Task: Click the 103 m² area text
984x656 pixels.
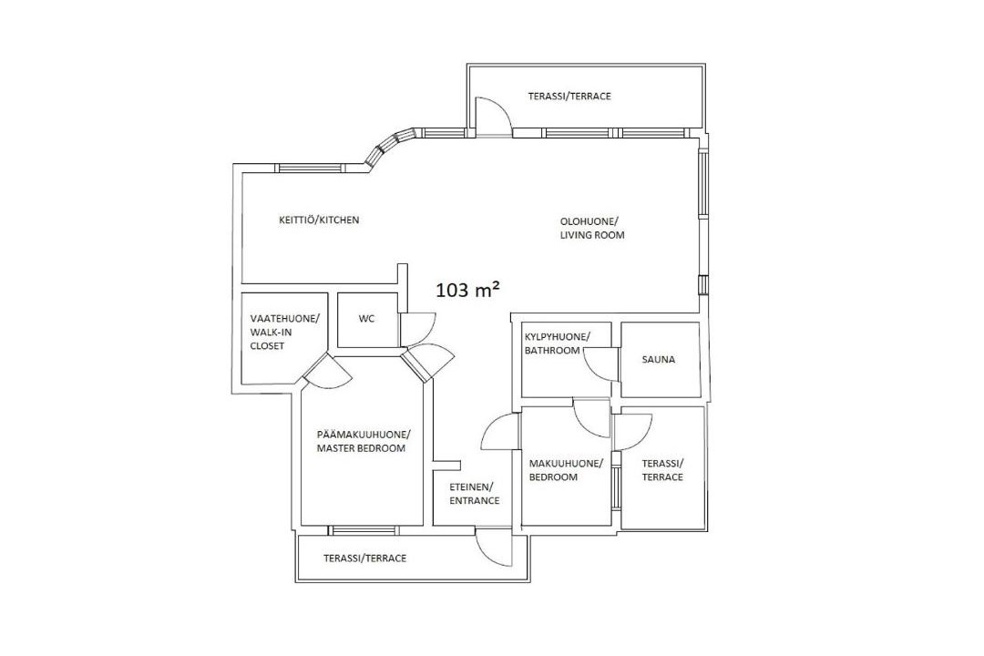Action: pos(468,290)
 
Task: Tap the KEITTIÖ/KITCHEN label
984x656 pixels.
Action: pos(319,220)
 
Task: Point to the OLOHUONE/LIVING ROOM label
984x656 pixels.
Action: pos(592,228)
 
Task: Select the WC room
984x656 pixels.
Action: pos(366,319)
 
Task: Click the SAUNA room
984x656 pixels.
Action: pos(660,359)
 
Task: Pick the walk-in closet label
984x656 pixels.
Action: pos(284,332)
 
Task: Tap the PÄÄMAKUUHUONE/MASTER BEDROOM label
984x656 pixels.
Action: pos(364,441)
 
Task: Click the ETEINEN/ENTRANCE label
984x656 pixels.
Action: pos(474,494)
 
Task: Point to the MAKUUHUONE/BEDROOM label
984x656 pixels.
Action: pos(566,470)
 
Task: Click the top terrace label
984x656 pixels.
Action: pos(569,96)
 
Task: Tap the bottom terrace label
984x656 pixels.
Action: pos(364,559)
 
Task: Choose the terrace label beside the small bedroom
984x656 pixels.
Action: pos(662,470)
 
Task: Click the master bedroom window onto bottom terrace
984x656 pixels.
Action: pos(363,530)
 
